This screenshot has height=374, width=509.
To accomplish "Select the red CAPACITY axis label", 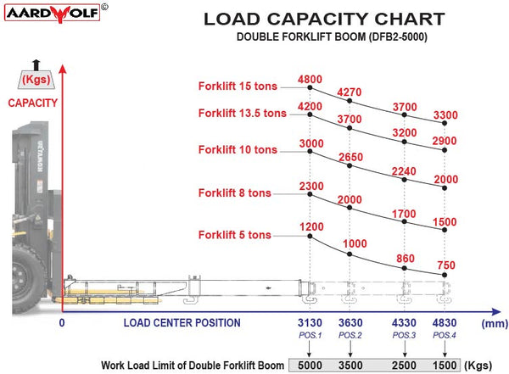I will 33,103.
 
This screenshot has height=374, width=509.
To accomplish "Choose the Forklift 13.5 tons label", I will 243,113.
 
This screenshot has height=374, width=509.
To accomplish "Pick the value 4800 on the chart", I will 310,81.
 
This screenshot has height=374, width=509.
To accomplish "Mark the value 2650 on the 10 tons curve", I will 350,157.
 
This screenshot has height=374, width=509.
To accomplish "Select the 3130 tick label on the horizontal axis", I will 310,323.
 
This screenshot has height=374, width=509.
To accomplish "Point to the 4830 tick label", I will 445,323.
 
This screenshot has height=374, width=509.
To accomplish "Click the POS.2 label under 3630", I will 350,336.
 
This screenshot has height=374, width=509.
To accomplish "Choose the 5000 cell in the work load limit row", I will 310,365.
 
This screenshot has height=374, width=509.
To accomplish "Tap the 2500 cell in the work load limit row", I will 406,365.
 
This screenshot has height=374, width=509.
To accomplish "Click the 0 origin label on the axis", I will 62,323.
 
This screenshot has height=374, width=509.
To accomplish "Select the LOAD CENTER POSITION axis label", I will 182,323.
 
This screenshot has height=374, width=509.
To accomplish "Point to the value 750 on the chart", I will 445,265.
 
